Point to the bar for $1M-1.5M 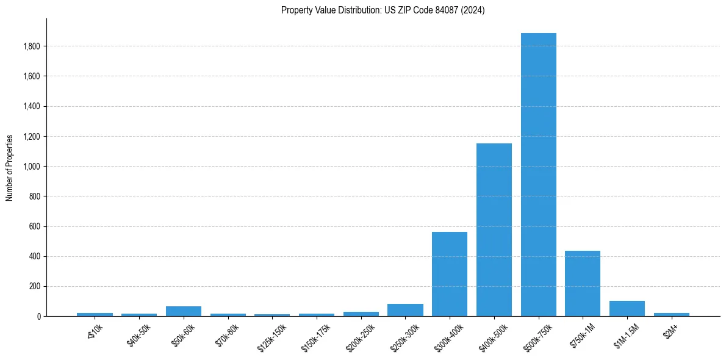(627, 309)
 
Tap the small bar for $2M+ (671, 314)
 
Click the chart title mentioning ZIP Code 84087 (383, 10)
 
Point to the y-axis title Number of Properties (10, 167)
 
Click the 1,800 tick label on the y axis (32, 46)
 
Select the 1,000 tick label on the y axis (32, 167)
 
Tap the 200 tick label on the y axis (35, 286)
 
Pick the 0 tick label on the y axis (38, 316)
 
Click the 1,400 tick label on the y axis (32, 106)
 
